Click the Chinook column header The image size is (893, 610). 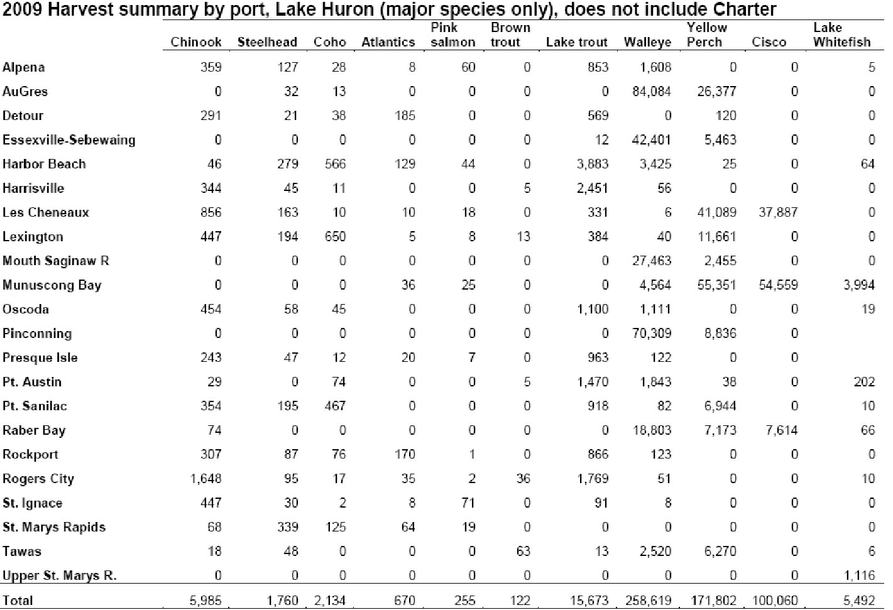point(195,42)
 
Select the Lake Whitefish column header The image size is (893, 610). point(842,35)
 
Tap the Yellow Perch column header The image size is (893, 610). point(706,35)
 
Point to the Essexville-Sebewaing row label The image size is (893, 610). point(69,140)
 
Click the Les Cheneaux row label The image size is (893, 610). point(45,212)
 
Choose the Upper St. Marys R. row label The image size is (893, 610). point(60,575)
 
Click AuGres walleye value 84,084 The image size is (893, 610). point(652,92)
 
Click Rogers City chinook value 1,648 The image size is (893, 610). point(205,479)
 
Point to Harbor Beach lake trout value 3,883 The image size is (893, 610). point(593,164)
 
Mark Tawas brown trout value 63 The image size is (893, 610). point(523,552)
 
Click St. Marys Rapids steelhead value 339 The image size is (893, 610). point(287,527)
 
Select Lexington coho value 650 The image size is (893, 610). point(335,237)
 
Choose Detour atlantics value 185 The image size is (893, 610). point(405,116)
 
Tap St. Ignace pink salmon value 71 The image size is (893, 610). point(468,503)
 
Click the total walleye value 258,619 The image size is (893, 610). point(648,601)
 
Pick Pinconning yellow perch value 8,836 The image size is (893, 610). point(720,334)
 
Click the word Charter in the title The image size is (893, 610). point(744,9)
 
